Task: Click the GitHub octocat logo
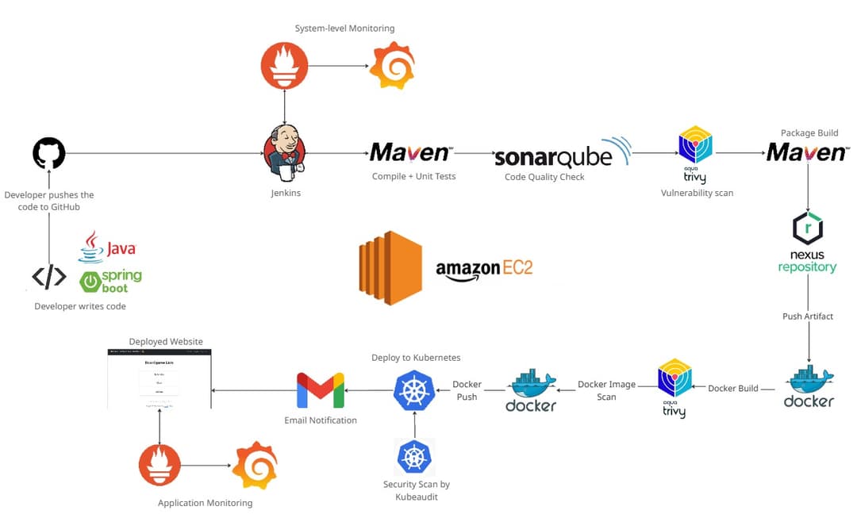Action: (48, 153)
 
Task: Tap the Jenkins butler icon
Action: (284, 152)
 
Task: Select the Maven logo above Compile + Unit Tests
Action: (410, 152)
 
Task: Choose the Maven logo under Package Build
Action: (806, 152)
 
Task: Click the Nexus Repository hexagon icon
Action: (807, 228)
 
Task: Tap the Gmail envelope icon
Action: (321, 390)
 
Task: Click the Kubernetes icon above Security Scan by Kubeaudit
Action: (415, 458)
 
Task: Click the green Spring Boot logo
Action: (110, 280)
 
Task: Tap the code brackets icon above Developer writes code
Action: (48, 277)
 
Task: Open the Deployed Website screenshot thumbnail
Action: (159, 378)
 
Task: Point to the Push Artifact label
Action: (808, 317)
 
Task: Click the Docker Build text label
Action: (732, 389)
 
